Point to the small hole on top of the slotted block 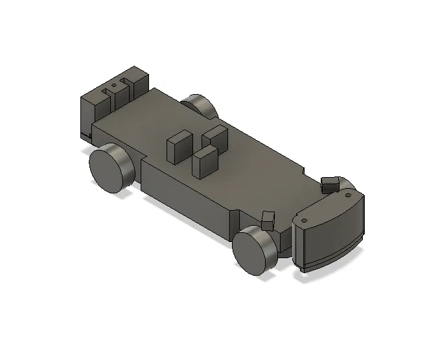[x=114, y=84]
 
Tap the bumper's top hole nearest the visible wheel [x=303, y=220]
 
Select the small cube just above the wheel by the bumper [x=267, y=219]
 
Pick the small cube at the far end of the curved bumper [x=330, y=184]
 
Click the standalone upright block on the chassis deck [x=178, y=147]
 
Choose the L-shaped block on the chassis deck [x=214, y=137]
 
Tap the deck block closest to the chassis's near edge [x=205, y=162]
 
